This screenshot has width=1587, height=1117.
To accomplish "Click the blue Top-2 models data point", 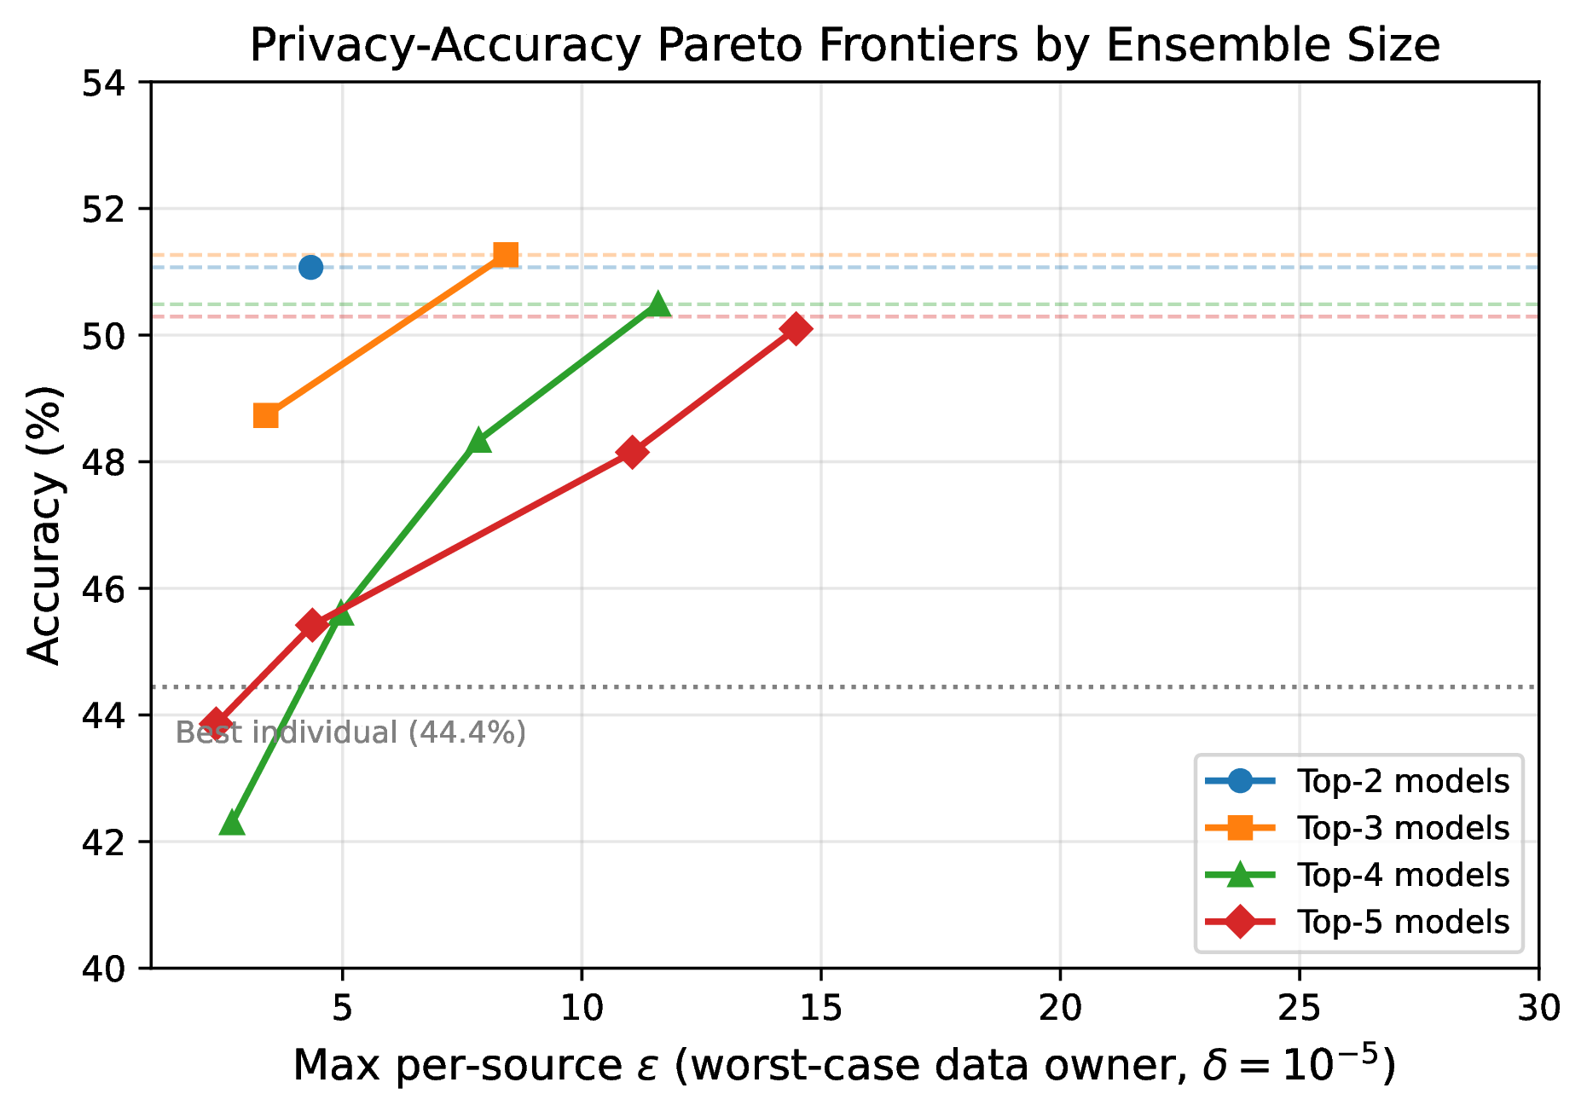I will pyautogui.click(x=310, y=267).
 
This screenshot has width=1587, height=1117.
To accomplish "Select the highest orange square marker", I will pyautogui.click(x=506, y=255).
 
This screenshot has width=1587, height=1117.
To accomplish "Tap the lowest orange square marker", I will pyautogui.click(x=266, y=416).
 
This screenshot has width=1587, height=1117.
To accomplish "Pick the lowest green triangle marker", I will pyautogui.click(x=232, y=824).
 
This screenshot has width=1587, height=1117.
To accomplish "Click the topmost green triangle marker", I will pyautogui.click(x=657, y=304).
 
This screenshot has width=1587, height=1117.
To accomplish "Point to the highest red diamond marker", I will pyautogui.click(x=796, y=328).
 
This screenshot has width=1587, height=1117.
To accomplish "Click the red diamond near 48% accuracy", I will pyautogui.click(x=632, y=452).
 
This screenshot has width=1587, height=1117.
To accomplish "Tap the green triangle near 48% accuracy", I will pyautogui.click(x=479, y=441).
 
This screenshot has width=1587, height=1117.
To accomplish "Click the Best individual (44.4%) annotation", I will pyautogui.click(x=350, y=732).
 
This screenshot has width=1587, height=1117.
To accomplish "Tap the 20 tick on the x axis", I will pyautogui.click(x=1060, y=1009).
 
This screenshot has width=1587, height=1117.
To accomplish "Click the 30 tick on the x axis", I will pyautogui.click(x=1538, y=1009).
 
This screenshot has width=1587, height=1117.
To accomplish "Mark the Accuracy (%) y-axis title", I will pyautogui.click(x=44, y=524).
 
